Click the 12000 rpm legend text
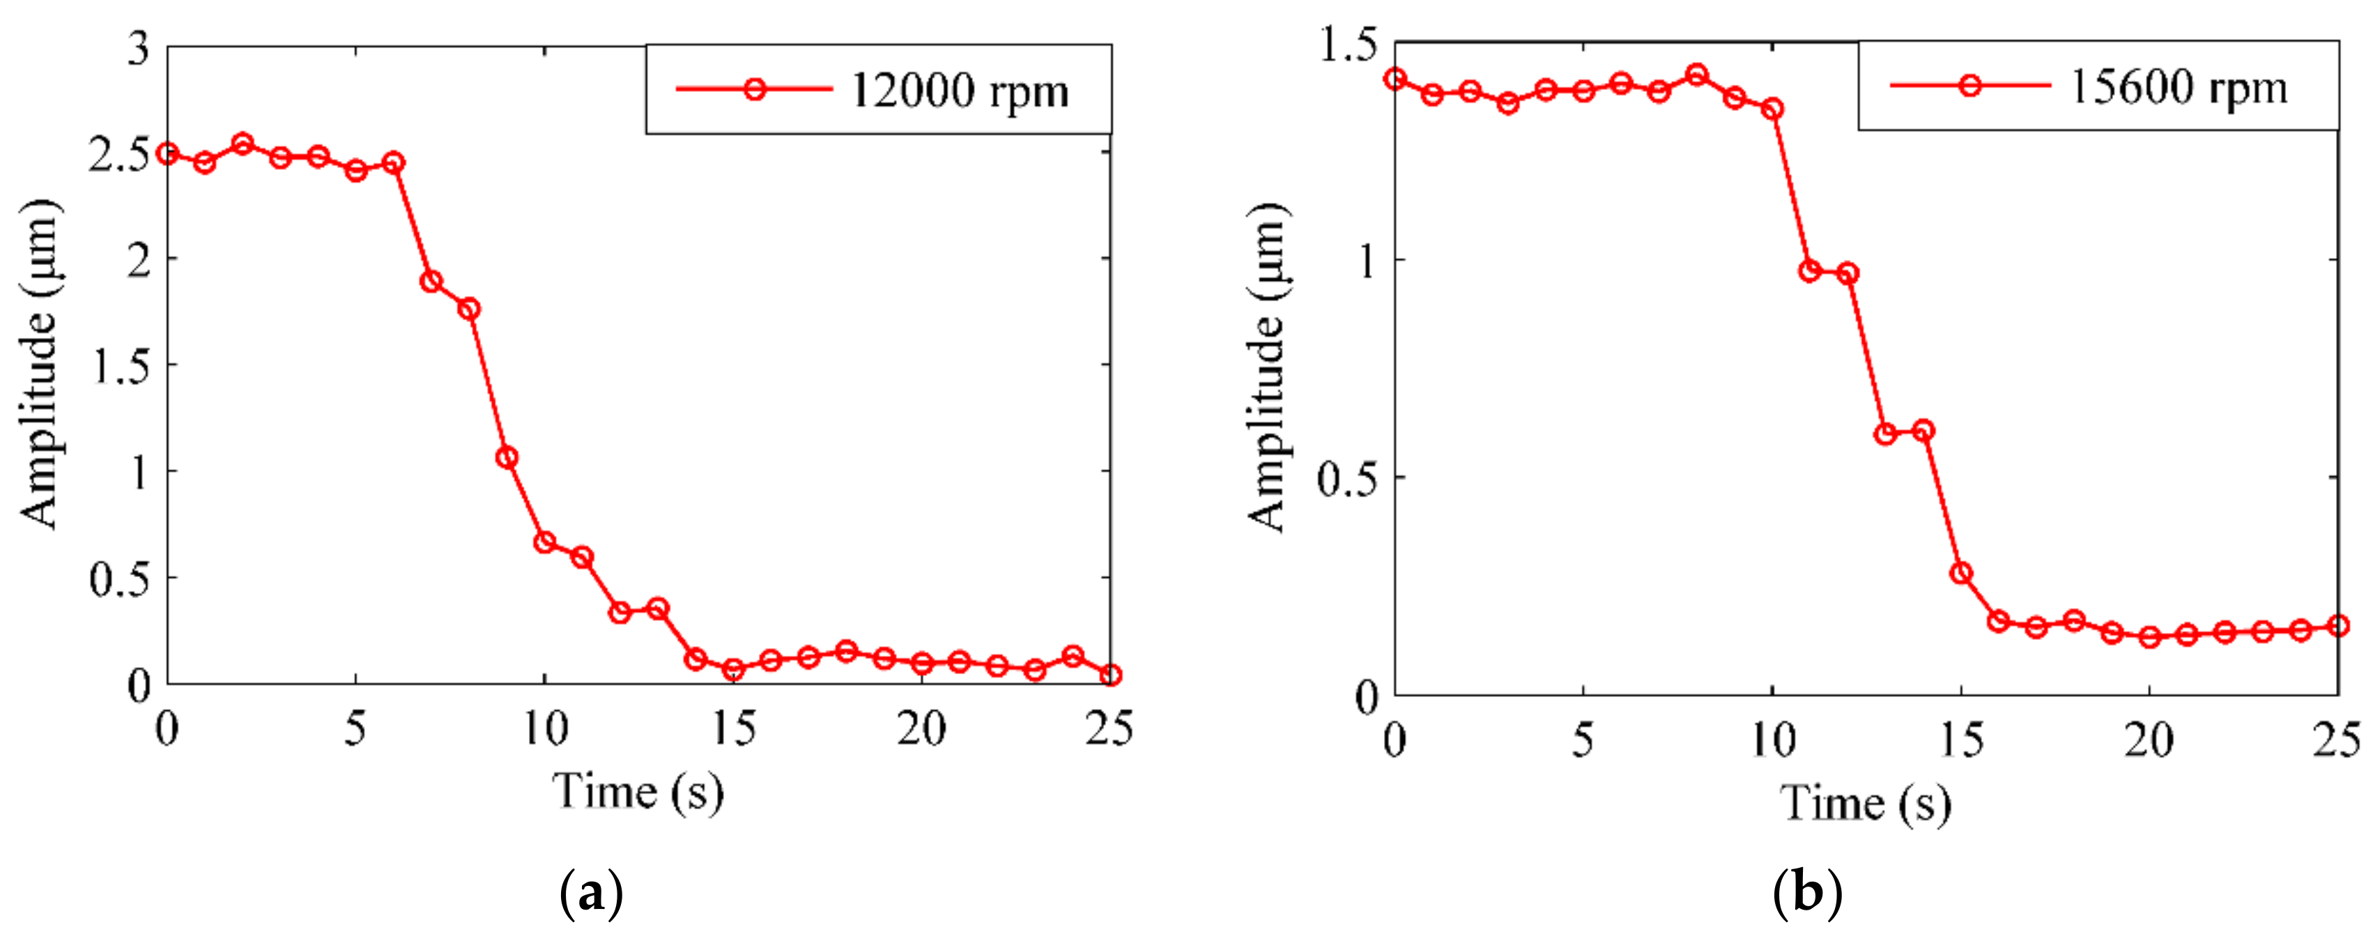coord(959,91)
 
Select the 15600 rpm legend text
coord(2179,88)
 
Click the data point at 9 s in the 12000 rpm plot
coord(507,457)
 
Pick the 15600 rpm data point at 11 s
coord(1810,271)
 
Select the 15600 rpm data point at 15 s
coord(1961,573)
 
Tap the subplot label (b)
coord(1806,893)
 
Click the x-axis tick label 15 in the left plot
coord(733,730)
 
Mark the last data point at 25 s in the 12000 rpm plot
coord(1111,675)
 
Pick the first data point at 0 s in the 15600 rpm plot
coord(1396,79)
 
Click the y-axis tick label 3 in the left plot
coord(138,48)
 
